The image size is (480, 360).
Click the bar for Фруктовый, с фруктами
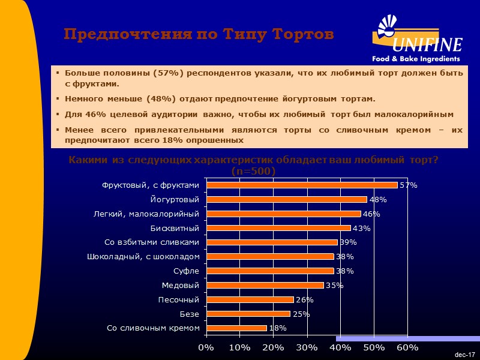[301, 185]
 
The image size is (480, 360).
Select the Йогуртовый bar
[286, 199]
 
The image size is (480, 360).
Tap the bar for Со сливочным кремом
[236, 328]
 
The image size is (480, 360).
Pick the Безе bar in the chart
[248, 314]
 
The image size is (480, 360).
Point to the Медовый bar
[265, 285]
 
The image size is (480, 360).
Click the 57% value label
[408, 185]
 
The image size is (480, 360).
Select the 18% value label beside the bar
[278, 328]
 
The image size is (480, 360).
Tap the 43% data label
[361, 228]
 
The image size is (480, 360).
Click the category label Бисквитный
[175, 228]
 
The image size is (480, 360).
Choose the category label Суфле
[187, 271]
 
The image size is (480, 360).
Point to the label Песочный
[178, 299]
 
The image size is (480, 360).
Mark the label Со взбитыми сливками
[152, 242]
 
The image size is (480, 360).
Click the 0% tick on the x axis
[206, 347]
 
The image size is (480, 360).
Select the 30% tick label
[307, 347]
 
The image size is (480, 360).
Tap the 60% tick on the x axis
[407, 347]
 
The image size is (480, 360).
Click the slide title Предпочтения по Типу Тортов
[199, 35]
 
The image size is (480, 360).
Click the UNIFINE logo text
[427, 45]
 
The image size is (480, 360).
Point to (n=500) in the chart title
[253, 171]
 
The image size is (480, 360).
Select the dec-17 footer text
[465, 355]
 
